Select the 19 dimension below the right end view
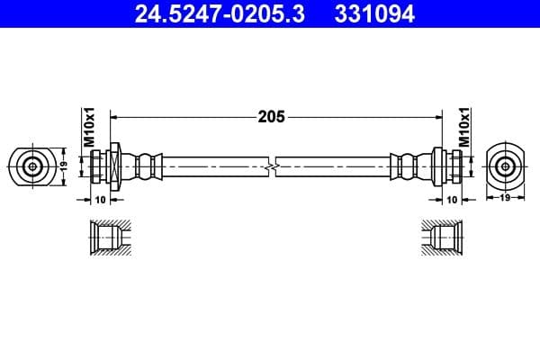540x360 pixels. pyautogui.click(x=505, y=197)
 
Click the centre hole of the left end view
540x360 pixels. pyautogui.click(x=33, y=166)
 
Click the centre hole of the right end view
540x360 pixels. pyautogui.click(x=505, y=166)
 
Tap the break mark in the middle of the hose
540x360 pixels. pyautogui.click(x=273, y=166)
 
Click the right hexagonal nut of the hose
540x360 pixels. pyautogui.click(x=438, y=166)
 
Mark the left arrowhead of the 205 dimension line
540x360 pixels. pyautogui.click(x=115, y=116)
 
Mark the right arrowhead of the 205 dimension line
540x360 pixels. pyautogui.click(x=438, y=116)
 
